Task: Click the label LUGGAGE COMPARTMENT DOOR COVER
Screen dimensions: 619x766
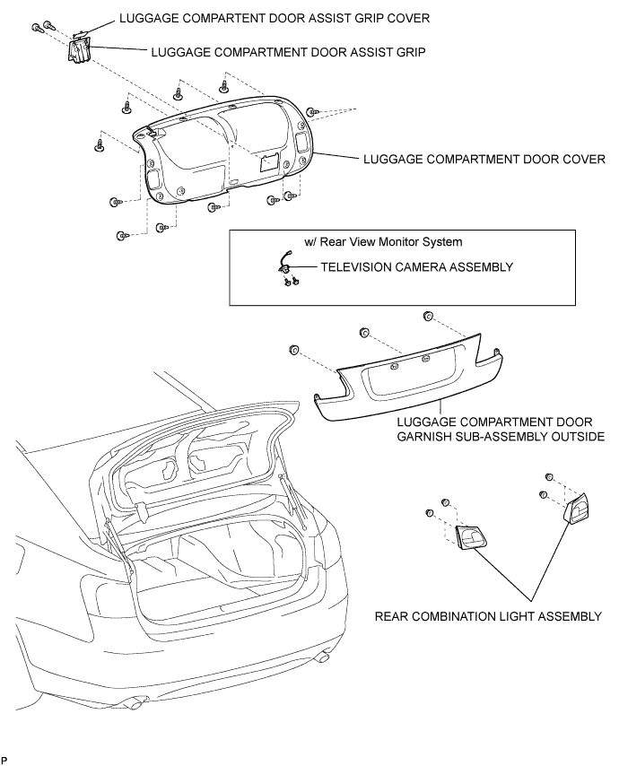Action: (484, 160)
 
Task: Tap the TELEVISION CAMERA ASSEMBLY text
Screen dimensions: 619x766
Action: (417, 267)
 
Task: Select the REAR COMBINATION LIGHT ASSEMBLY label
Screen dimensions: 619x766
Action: (488, 616)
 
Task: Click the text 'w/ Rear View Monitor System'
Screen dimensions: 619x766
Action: (383, 242)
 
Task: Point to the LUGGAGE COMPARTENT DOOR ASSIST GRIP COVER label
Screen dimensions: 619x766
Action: (275, 19)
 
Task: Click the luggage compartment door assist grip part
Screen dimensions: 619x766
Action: (78, 50)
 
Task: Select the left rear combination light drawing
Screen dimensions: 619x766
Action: (472, 537)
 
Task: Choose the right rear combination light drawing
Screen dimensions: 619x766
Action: (577, 508)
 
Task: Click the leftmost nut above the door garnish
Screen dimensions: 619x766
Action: (294, 349)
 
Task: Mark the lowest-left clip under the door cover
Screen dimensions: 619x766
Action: (122, 236)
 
